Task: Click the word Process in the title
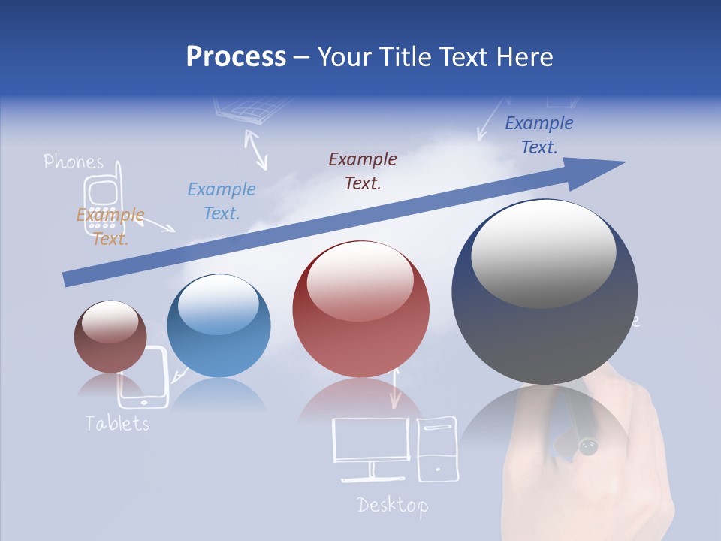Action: [236, 57]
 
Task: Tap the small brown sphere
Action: [110, 337]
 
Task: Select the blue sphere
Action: [219, 326]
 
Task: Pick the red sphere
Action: [361, 310]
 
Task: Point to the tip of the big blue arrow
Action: [623, 162]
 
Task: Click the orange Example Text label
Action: [110, 227]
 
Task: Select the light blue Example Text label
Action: [222, 201]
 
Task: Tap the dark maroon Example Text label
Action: [363, 171]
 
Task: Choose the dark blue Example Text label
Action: [539, 135]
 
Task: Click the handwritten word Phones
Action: [73, 162]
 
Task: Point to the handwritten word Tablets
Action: [117, 423]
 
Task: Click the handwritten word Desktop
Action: [393, 505]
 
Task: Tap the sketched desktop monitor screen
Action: [371, 440]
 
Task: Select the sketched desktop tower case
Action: [436, 449]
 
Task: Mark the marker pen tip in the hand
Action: [587, 449]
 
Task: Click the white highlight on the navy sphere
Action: [543, 252]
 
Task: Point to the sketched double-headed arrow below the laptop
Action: [256, 149]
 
